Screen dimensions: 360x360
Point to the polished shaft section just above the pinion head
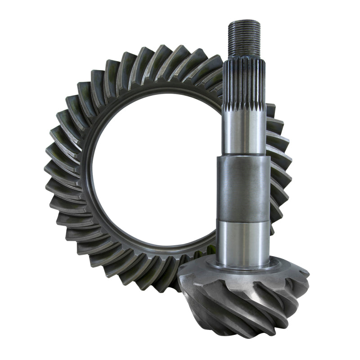pos(243,243)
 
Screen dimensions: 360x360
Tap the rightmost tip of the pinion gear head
pos(308,274)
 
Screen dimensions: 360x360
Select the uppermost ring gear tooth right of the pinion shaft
pos(270,110)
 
